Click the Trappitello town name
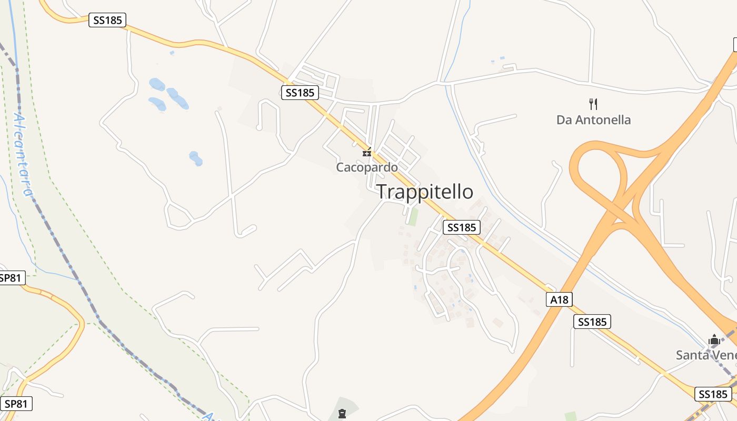(x=425, y=192)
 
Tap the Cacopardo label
(x=367, y=167)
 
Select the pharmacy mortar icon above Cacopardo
(x=367, y=153)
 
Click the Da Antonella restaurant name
(x=593, y=120)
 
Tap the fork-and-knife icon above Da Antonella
(x=593, y=104)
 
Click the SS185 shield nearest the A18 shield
(x=592, y=322)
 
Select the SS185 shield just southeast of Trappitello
(x=462, y=227)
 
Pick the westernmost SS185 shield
(x=107, y=21)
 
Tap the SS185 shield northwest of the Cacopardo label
(x=300, y=93)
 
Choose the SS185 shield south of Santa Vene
(x=713, y=394)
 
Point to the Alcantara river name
(x=22, y=155)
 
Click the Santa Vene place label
(x=706, y=355)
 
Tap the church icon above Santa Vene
(x=714, y=340)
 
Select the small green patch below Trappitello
(x=414, y=217)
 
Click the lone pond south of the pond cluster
(x=195, y=158)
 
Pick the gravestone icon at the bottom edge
(x=342, y=414)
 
